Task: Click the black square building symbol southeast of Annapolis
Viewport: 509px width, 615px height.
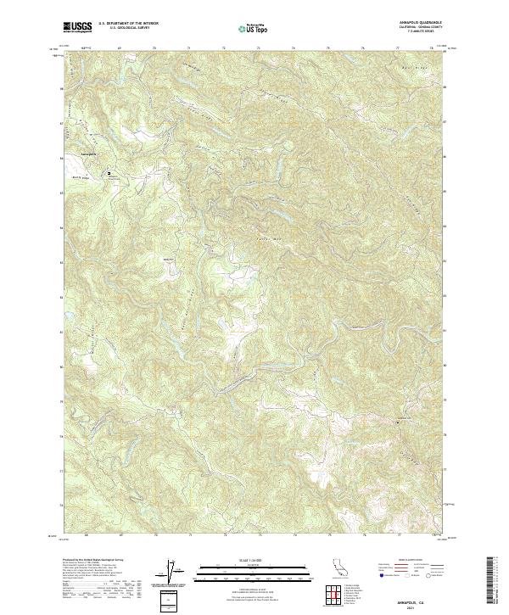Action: (x=109, y=173)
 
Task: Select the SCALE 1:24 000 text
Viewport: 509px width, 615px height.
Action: (x=252, y=560)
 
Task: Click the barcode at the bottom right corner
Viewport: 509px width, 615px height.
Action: (x=495, y=581)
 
